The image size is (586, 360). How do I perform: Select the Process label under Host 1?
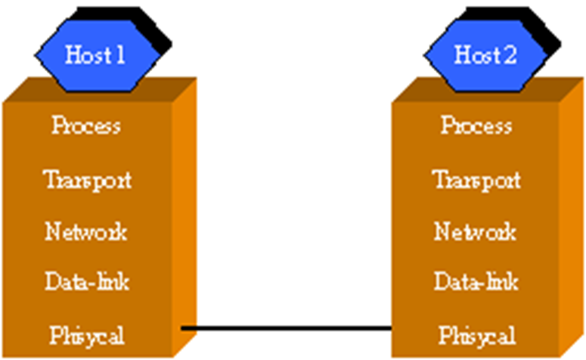[86, 126]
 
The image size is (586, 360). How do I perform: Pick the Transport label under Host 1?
[88, 181]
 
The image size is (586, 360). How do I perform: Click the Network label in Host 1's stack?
[86, 231]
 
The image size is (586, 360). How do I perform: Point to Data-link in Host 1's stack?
[87, 281]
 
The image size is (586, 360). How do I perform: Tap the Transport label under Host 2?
[476, 181]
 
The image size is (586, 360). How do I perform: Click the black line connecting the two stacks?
[287, 328]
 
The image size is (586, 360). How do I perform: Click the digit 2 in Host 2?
[508, 55]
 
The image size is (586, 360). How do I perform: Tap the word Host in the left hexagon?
[85, 55]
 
